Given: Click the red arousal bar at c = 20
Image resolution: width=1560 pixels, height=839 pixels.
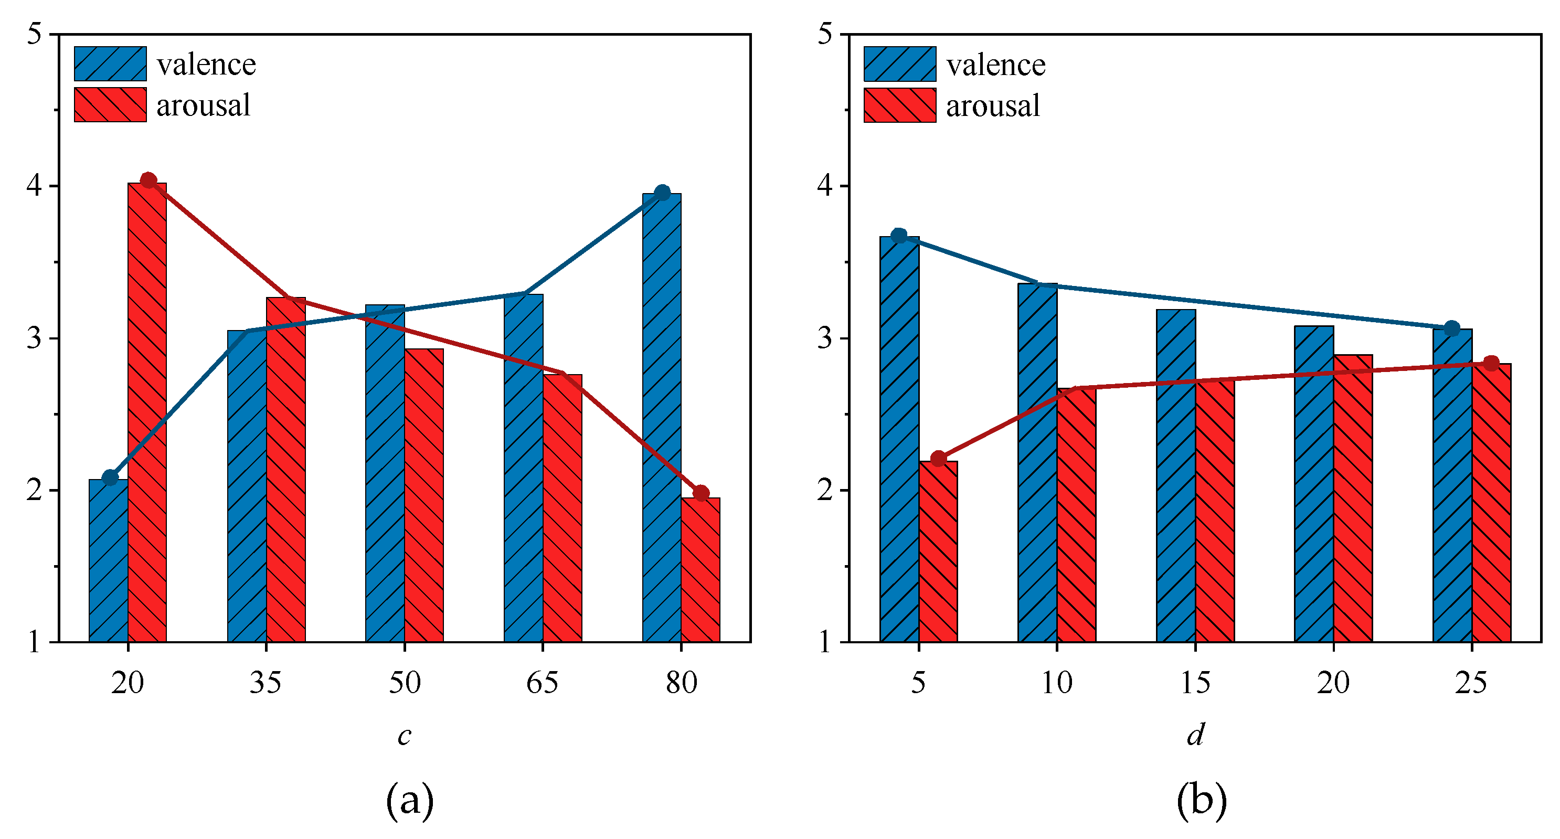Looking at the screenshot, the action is pos(147,412).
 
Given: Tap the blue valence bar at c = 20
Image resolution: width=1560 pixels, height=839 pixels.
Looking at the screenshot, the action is pos(109,560).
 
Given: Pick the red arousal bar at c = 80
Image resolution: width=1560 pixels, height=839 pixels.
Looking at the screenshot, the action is pos(701,569).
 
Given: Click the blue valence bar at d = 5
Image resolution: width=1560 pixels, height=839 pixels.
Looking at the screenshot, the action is pos(899,439).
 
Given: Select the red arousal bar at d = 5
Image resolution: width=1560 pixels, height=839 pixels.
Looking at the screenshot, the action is pos(938,551).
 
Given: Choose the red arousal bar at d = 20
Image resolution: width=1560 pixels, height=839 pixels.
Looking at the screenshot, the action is pos(1353,498).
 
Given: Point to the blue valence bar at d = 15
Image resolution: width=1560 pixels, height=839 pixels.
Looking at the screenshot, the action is pos(1176,475).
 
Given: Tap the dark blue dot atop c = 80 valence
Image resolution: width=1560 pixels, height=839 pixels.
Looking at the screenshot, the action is pos(663,193).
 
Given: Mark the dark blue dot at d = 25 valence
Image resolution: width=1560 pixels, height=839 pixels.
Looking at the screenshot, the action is pos(1451,328).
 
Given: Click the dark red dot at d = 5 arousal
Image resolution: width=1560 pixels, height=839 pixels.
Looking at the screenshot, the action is pos(938,458).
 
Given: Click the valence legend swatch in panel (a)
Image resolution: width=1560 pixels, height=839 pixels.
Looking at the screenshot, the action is pos(110,63).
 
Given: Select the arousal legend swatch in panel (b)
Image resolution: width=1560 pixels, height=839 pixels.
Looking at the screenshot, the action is pos(900,105).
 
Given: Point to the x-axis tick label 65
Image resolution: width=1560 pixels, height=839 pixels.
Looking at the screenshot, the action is pos(543,683).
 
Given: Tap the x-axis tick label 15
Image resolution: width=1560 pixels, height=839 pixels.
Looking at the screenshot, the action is pos(1195,683).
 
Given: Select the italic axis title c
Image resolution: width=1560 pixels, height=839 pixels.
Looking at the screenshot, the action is pos(405,736).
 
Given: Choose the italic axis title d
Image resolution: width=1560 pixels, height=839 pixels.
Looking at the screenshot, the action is pos(1195,734).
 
